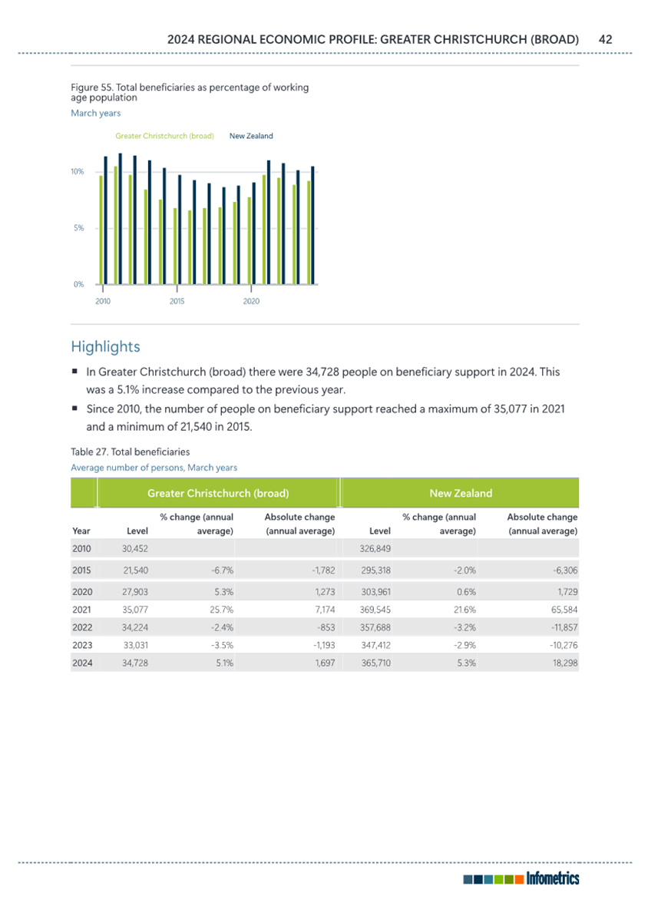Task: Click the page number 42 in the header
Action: pyautogui.click(x=605, y=39)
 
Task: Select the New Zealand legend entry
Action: pyautogui.click(x=251, y=136)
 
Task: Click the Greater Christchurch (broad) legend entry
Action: pyautogui.click(x=165, y=136)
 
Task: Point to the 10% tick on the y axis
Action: pyautogui.click(x=78, y=172)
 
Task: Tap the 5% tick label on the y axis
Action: pyautogui.click(x=79, y=228)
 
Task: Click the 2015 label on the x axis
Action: pyautogui.click(x=177, y=302)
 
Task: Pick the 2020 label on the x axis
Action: pyautogui.click(x=251, y=302)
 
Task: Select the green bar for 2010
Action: pyautogui.click(x=101, y=230)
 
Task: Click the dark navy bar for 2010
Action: pyautogui.click(x=106, y=220)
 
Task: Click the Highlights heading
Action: pyautogui.click(x=106, y=346)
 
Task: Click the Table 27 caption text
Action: pyautogui.click(x=131, y=451)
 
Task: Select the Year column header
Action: pyautogui.click(x=81, y=531)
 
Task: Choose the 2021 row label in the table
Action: pyautogui.click(x=82, y=610)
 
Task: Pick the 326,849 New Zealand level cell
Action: pyautogui.click(x=375, y=549)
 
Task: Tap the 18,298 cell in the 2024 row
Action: pyautogui.click(x=565, y=663)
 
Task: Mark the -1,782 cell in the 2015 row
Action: pyautogui.click(x=323, y=570)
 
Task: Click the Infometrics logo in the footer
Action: pyautogui.click(x=521, y=878)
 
